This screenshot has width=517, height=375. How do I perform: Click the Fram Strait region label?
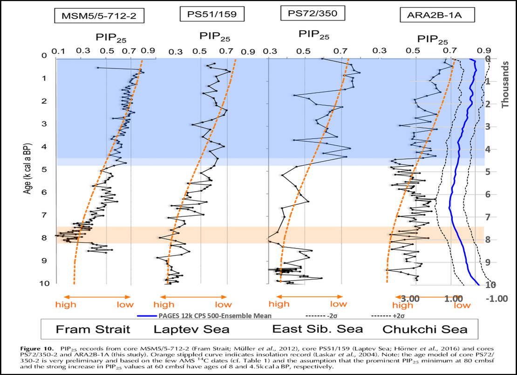93,329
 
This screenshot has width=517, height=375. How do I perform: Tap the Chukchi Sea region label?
425,329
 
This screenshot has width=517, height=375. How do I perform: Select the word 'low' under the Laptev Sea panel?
224,304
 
